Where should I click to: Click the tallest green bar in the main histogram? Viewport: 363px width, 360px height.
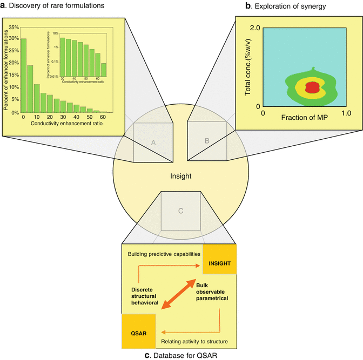[23, 76]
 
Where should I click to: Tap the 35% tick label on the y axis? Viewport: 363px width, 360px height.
[12, 26]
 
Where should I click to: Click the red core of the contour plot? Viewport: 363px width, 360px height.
[312, 87]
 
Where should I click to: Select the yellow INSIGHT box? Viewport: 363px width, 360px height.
[219, 263]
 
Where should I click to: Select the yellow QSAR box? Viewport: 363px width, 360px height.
[139, 330]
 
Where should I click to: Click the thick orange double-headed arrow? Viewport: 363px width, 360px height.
[178, 295]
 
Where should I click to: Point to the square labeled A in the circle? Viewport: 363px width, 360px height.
[153, 142]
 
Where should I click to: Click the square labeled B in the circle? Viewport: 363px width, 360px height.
[207, 141]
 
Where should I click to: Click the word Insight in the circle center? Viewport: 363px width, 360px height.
[180, 176]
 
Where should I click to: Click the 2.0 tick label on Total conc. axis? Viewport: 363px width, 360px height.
[254, 28]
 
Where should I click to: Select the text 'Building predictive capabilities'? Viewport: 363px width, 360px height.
[163, 254]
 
